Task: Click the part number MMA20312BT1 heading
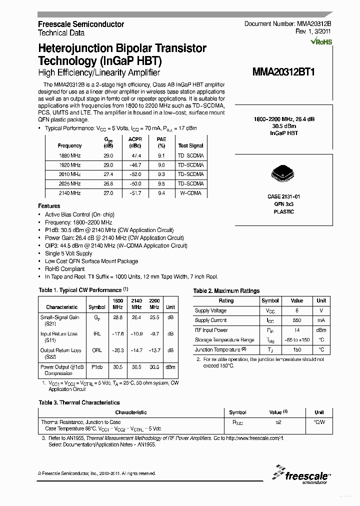[x=286, y=71]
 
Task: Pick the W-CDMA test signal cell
[x=190, y=193]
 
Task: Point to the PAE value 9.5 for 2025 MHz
[x=161, y=183]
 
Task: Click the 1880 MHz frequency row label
[x=69, y=155]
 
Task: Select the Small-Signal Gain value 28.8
[x=118, y=317]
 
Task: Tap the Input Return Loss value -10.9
[x=136, y=334]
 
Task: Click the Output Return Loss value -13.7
[x=154, y=350]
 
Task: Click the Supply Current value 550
[x=296, y=320]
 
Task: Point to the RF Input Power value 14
[x=296, y=330]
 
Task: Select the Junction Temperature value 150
[x=296, y=350]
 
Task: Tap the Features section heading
[x=49, y=206]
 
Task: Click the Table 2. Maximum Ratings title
[x=226, y=291]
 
